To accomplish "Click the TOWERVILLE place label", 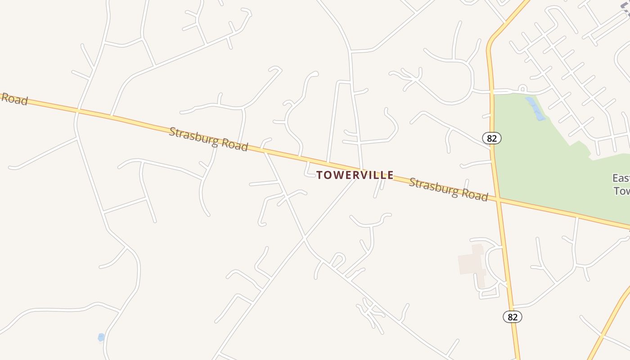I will [355, 175].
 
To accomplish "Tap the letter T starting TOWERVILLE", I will [319, 175].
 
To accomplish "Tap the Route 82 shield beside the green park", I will [491, 138].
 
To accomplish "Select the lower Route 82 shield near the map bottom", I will [512, 317].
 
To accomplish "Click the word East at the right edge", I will [621, 178].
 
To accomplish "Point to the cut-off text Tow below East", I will [622, 191].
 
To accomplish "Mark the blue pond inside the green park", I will [536, 110].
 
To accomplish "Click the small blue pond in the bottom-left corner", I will [101, 337].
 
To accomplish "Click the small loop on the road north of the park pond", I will [522, 88].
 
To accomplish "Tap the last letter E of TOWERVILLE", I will [390, 175].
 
